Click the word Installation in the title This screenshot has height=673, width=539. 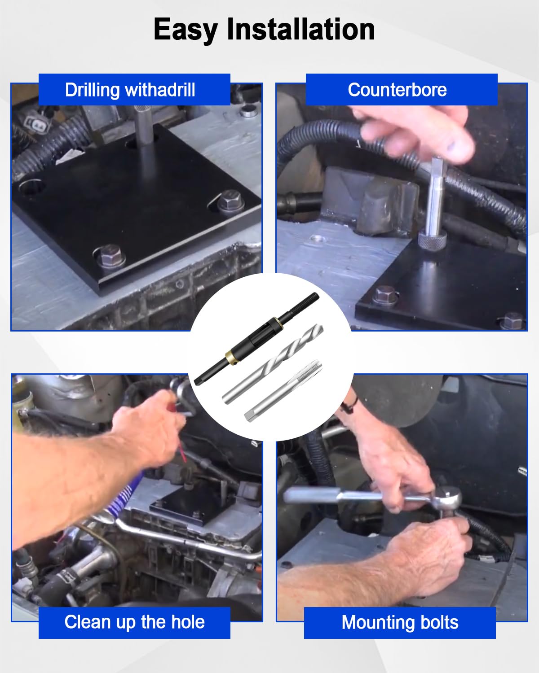300,30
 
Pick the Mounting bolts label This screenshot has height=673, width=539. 399,623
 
